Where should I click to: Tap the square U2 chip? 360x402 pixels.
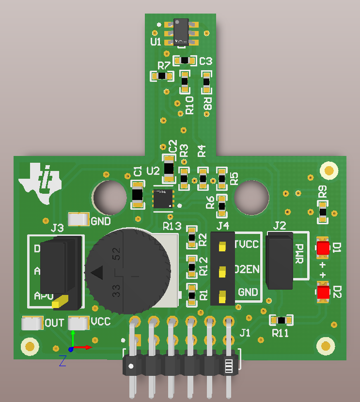162,199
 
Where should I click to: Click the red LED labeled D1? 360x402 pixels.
323,247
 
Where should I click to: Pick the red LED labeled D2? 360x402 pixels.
323,292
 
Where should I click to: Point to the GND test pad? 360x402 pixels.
79,219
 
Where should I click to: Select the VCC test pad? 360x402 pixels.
79,322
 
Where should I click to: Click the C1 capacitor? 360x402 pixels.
138,195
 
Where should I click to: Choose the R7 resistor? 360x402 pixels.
162,76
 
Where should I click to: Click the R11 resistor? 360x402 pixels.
282,320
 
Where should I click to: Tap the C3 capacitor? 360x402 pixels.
185,61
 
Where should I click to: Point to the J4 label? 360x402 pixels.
223,226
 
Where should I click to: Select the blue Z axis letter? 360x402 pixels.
63,360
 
